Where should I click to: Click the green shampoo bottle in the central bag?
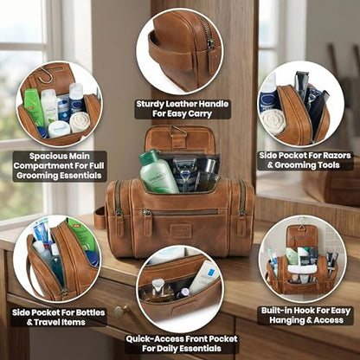pos(157,172)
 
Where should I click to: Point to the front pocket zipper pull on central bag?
pos(146,213)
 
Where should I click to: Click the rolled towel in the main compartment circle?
pos(80,122)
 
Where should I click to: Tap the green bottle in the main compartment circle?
pos(34,107)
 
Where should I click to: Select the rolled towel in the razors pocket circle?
pos(273,121)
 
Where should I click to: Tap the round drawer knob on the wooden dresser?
pos(119,312)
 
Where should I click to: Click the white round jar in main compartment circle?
pos(59,129)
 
